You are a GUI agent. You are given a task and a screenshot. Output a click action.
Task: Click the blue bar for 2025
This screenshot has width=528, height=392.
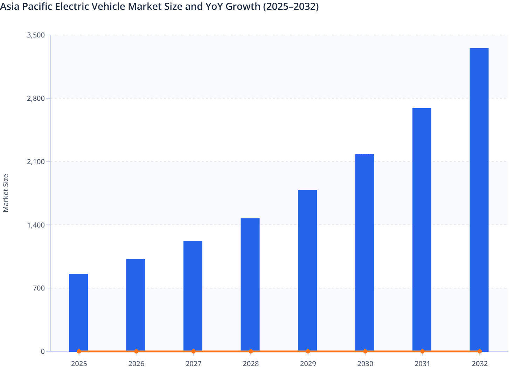78,312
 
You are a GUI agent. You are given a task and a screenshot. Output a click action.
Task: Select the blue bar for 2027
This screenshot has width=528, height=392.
193,296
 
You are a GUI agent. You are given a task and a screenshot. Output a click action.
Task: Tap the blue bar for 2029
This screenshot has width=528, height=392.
307,270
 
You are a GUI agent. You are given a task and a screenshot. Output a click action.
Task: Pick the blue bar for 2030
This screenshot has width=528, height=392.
364,252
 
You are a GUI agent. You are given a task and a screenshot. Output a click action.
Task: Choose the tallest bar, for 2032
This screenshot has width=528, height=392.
479,199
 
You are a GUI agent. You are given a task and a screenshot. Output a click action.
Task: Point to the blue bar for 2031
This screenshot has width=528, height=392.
422,229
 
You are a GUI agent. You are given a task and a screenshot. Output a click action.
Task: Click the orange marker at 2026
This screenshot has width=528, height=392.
136,351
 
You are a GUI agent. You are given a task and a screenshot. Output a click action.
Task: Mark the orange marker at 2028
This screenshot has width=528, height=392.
251,351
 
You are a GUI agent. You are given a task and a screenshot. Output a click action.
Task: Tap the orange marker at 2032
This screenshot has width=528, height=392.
480,351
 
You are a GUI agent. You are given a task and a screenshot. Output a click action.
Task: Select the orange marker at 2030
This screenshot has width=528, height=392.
365,351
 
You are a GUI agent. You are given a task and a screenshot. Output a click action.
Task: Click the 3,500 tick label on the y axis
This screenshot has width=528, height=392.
36,35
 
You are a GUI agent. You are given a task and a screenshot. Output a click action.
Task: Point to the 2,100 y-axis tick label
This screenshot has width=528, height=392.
36,162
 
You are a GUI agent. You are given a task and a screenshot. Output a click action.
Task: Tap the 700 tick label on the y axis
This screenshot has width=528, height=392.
39,288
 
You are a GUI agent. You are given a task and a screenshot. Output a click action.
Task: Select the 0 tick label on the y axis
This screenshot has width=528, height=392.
43,351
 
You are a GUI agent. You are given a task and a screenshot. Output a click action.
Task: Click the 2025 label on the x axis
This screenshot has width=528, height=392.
79,364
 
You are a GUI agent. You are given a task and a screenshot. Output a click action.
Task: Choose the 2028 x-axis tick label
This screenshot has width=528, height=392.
251,364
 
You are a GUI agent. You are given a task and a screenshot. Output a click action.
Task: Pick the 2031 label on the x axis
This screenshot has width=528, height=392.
422,364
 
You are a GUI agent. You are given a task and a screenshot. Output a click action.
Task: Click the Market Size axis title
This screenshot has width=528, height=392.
6,193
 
